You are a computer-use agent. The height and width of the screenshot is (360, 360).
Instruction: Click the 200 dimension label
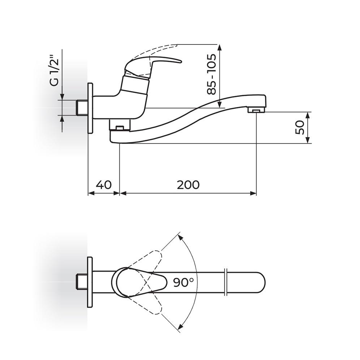click(x=188, y=185)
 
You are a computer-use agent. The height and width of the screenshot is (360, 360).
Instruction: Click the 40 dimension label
click(x=104, y=185)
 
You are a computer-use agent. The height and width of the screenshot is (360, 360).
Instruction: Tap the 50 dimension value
click(x=300, y=128)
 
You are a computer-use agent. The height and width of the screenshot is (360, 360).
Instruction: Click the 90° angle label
click(x=184, y=282)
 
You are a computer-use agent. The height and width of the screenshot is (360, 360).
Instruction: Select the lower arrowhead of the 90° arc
click(x=181, y=327)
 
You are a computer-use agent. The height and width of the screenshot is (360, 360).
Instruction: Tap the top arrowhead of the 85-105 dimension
click(x=220, y=47)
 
